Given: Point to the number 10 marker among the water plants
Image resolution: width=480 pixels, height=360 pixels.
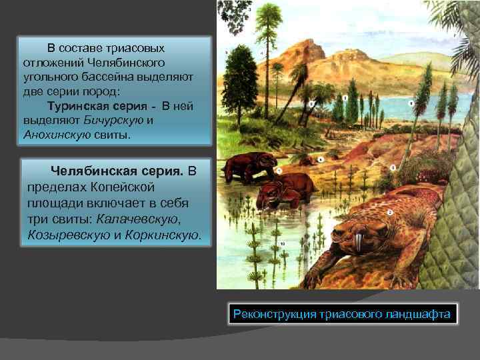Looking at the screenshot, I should pyautogui.click(x=283, y=245).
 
